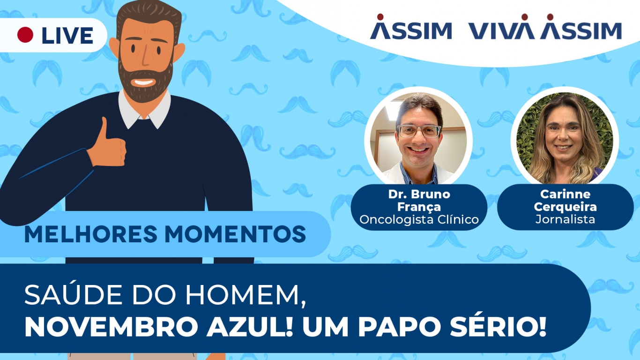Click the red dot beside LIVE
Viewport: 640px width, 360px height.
25,35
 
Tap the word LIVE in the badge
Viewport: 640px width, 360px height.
67,36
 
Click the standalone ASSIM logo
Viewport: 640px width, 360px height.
411,30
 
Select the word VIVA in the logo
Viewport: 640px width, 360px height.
501,30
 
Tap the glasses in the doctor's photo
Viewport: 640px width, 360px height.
418,131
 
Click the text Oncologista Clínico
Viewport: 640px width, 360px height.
419,219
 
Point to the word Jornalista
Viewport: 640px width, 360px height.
565,219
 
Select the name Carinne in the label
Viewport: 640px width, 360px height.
565,194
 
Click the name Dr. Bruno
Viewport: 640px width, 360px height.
419,194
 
